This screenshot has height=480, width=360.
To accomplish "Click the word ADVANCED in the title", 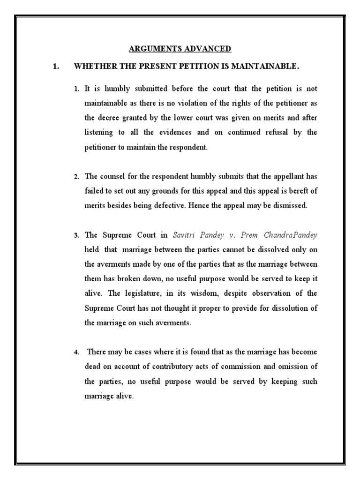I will (x=208, y=49).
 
